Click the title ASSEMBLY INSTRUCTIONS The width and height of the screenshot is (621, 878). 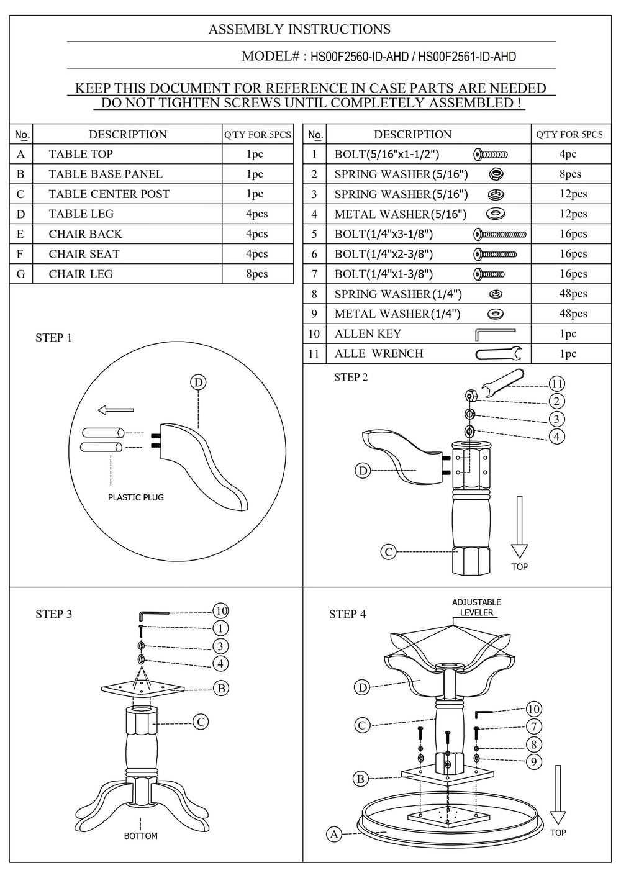pos(299,29)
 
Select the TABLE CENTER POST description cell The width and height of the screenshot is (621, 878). pos(109,194)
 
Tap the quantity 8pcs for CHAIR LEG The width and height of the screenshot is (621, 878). pos(256,274)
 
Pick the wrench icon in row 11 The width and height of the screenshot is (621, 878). pos(499,354)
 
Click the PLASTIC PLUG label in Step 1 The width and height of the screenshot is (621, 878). pos(136,497)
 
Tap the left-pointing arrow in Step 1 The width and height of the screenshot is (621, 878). pos(116,410)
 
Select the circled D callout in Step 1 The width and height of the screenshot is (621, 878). pos(198,382)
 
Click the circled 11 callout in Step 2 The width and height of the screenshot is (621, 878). pos(557,384)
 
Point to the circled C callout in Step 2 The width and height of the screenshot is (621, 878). pos(388,551)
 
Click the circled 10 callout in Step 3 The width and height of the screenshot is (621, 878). pos(220,611)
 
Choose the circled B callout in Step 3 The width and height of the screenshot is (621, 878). pos(220,688)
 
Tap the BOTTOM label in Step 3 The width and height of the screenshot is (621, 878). pos(141,836)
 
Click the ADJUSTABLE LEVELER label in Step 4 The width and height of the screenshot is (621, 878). pos(476,607)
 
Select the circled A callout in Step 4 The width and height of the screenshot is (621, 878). pos(334,834)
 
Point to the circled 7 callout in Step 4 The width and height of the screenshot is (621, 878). pos(533,726)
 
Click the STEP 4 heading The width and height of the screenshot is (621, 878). pos(347,614)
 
